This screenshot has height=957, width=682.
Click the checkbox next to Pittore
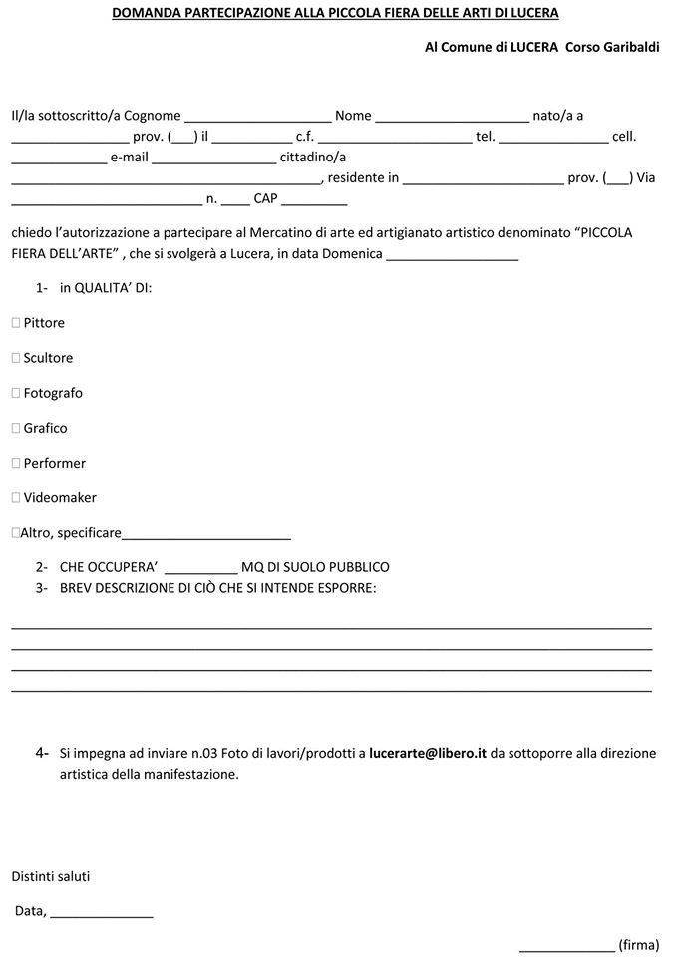pos(16,323)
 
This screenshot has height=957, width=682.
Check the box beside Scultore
pos(16,358)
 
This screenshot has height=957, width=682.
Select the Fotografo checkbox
pos(16,393)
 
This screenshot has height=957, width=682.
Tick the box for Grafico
pos(16,428)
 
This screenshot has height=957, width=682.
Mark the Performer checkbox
pos(16,463)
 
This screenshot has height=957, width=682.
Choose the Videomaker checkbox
pos(16,497)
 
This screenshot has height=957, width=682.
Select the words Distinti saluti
pos(51,876)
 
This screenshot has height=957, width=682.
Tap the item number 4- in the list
pos(42,753)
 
